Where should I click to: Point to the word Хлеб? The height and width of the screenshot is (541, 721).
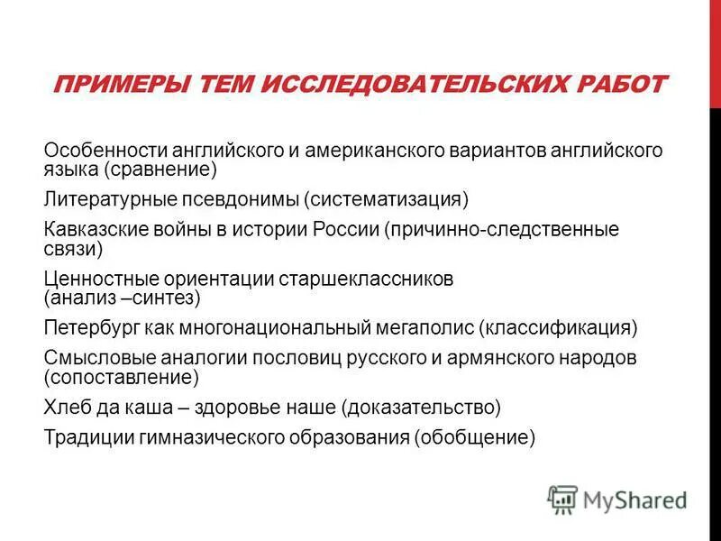coord(65,407)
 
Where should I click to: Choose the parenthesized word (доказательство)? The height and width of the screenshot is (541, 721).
coord(420,407)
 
